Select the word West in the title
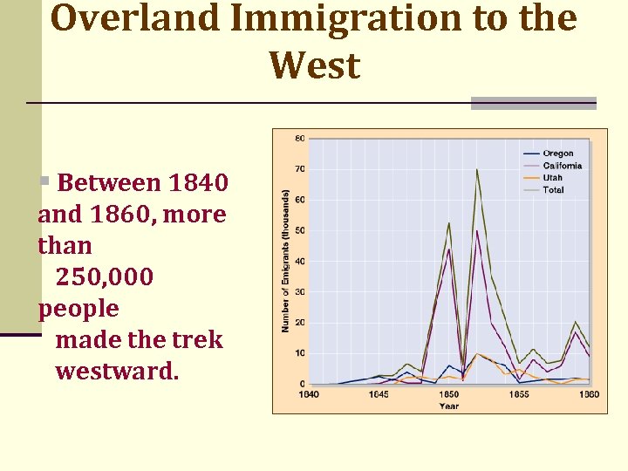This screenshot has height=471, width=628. (x=314, y=65)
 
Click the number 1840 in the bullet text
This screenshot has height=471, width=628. (x=199, y=183)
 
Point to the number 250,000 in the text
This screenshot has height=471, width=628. (x=105, y=277)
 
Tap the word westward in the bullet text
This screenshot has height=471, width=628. (x=117, y=372)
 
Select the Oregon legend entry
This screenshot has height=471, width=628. (x=557, y=154)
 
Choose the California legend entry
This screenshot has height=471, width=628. (x=562, y=166)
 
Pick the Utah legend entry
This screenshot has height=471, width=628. (x=552, y=178)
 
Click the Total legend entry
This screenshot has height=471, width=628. (x=553, y=189)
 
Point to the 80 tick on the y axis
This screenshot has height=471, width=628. (x=299, y=139)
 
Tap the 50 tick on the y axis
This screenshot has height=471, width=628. (x=299, y=231)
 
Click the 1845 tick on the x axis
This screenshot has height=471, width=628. (x=379, y=394)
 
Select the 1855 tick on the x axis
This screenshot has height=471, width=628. (x=519, y=394)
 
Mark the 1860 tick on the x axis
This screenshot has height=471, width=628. (x=590, y=394)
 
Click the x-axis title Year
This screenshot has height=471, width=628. (x=449, y=406)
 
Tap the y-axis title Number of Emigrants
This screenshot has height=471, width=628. (x=285, y=262)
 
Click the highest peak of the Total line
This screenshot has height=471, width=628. (x=477, y=169)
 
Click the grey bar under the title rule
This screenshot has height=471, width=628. (x=533, y=103)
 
